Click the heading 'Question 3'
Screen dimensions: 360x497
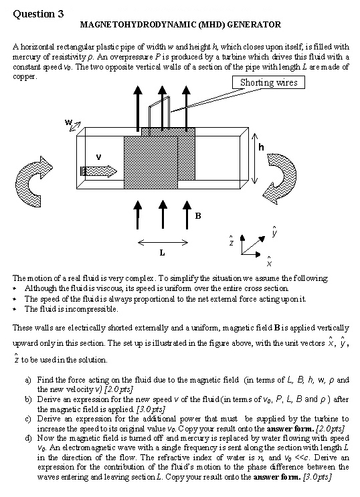point(38,14)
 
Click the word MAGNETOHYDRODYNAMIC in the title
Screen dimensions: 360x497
point(139,25)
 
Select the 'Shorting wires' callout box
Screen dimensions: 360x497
point(268,82)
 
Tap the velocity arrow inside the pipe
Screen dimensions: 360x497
point(98,171)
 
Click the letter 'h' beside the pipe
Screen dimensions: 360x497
point(261,147)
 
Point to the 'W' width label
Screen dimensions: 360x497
point(68,122)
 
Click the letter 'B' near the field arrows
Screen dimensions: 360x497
point(198,216)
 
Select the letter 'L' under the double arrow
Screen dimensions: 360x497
point(162,253)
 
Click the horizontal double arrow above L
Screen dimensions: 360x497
point(163,243)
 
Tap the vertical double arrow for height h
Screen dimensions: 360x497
point(254,159)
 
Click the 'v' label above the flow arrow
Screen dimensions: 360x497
point(98,157)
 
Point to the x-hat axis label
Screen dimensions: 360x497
point(269,262)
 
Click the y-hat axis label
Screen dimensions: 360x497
point(274,231)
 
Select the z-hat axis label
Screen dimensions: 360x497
point(232,241)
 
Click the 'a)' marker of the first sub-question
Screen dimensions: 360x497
point(28,380)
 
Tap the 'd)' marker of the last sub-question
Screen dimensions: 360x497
point(28,438)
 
